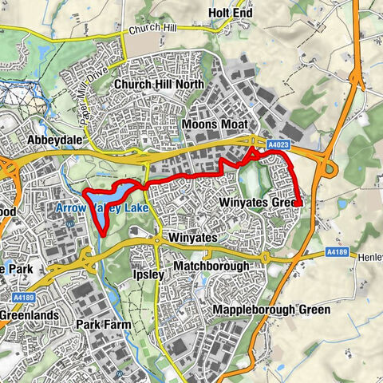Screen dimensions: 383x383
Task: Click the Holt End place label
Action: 230,13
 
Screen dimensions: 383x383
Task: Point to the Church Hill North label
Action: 158,84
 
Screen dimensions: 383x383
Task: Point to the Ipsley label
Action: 147,274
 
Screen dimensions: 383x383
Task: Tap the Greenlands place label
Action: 29,315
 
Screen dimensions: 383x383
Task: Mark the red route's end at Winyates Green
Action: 298,205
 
